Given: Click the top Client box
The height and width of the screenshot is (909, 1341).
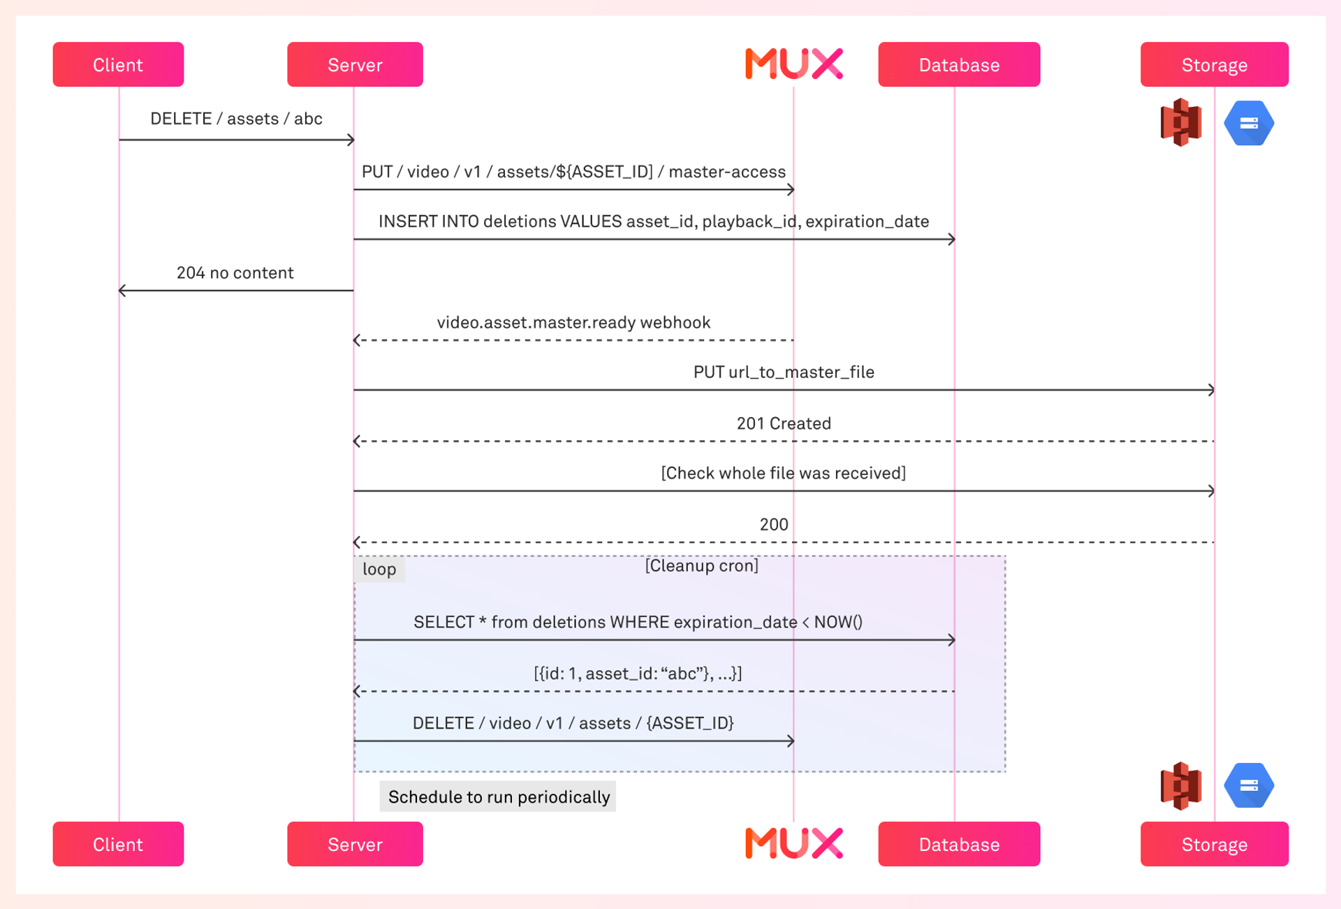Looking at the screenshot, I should point(118,64).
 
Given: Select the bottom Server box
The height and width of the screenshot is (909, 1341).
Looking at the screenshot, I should point(355,844).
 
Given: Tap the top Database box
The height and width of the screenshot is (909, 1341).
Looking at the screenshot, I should point(958,64).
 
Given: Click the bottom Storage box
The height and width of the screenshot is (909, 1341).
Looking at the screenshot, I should point(1214,844).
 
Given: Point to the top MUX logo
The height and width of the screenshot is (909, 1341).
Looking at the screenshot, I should point(794,64).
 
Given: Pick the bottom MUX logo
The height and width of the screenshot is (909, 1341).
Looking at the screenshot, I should point(794,843).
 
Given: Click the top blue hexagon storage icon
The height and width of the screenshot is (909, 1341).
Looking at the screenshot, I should point(1249,123).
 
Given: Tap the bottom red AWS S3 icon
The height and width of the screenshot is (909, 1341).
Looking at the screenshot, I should point(1181,785).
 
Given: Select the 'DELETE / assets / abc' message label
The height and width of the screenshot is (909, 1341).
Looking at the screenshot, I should point(236,119).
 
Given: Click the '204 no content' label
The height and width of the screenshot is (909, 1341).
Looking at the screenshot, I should point(235,272).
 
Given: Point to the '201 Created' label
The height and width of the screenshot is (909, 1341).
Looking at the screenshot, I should point(784,423).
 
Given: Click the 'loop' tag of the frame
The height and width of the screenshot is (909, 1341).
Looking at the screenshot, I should point(379,569).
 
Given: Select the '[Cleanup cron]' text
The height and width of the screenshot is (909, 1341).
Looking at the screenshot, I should point(701,565).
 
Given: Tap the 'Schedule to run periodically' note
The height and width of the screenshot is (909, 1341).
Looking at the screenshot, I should point(498,797).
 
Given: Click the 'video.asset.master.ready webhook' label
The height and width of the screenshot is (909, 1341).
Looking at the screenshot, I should point(573,322).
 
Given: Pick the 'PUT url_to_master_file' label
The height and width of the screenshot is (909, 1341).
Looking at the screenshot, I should point(784,372).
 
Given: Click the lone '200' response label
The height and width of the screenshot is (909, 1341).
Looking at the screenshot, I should point(774,524).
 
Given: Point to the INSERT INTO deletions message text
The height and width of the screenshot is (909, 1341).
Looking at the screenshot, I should point(653,221).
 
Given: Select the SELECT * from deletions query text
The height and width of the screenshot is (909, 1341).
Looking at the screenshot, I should point(638,622).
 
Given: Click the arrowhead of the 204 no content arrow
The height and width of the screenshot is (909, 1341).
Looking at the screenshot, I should point(122,290).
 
